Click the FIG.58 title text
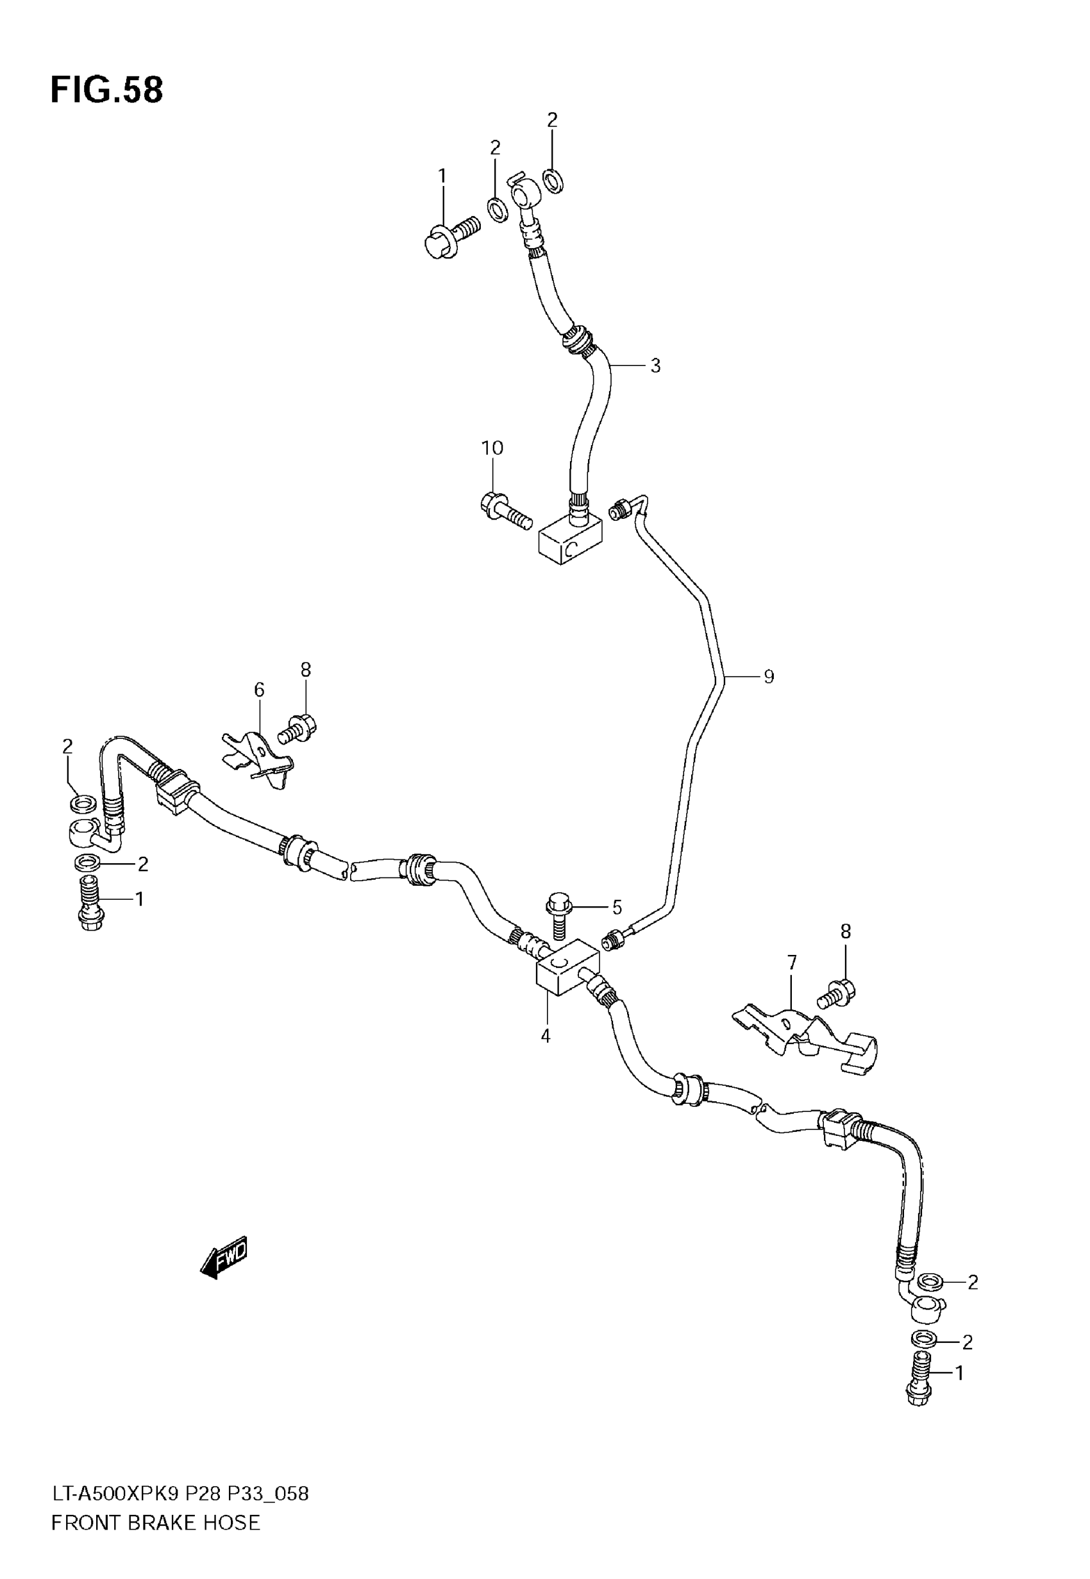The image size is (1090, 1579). click(107, 90)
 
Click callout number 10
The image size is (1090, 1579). click(492, 448)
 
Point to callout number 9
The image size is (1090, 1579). click(768, 677)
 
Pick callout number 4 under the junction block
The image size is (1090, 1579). click(545, 1036)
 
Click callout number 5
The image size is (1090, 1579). click(617, 908)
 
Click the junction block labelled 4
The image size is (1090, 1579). click(567, 970)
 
